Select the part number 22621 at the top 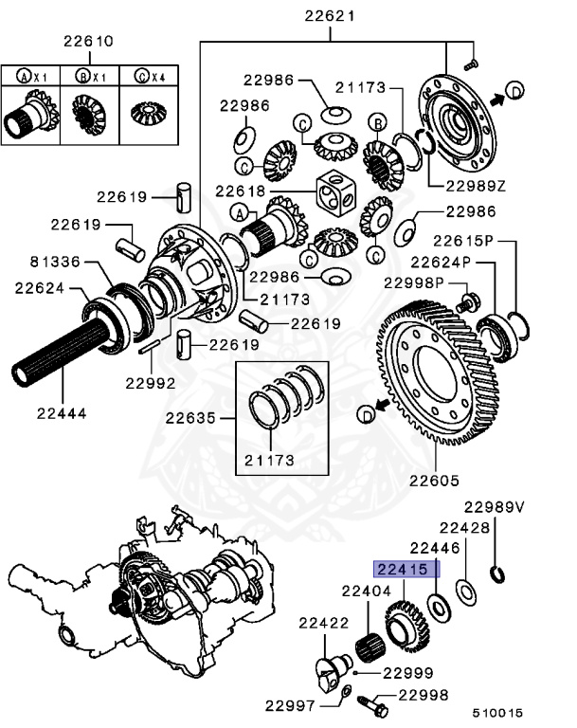[x=330, y=16]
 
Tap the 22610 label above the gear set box [x=88, y=42]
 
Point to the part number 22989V [x=494, y=507]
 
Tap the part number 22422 [x=325, y=623]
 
